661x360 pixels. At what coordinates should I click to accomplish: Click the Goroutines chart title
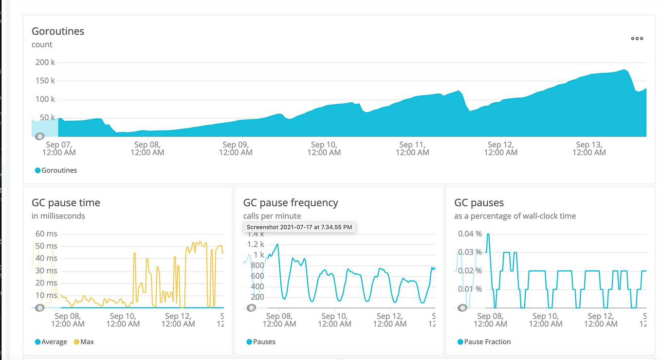tap(58, 31)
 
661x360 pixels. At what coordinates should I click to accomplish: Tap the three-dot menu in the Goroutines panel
tap(637, 38)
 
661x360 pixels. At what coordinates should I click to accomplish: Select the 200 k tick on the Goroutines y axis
tap(45, 62)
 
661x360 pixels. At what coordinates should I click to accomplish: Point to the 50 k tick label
tap(47, 118)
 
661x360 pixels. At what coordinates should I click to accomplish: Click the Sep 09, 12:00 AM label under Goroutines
tap(236, 148)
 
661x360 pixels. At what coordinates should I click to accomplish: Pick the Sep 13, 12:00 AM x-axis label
tap(589, 148)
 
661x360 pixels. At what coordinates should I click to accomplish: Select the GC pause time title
tap(66, 203)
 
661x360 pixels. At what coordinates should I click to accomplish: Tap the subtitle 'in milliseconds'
tap(58, 216)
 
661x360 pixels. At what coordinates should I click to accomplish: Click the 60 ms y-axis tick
tap(46, 234)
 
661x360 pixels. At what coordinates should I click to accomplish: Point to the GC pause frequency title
tap(291, 203)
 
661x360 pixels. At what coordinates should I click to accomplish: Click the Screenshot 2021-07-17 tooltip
tap(299, 227)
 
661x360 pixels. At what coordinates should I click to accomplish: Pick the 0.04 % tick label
tap(470, 234)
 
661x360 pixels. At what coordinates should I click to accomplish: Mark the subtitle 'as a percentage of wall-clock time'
tap(515, 216)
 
